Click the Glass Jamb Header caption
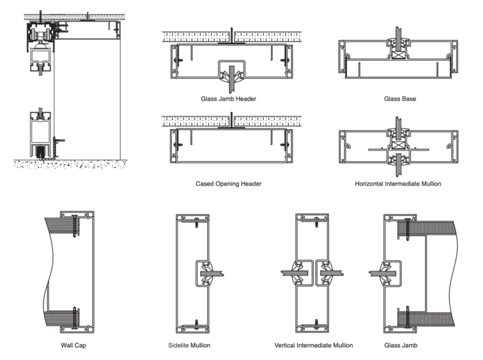[228, 99]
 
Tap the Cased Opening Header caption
[228, 184]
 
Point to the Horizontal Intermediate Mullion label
[397, 184]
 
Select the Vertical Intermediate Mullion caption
[313, 345]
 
